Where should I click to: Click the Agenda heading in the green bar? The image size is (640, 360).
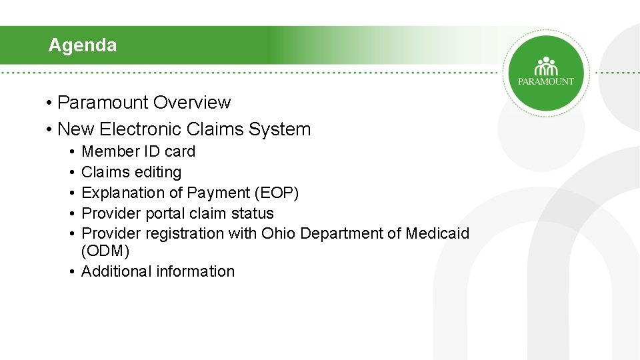82,45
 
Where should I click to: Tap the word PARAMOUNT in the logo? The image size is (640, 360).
546,81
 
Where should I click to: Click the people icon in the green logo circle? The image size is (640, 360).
546,67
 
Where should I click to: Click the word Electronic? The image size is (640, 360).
141,129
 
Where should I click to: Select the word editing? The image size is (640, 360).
157,172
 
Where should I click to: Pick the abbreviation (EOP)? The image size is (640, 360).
277,193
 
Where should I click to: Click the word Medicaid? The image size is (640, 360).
437,233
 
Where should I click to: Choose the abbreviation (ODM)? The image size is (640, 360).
105,251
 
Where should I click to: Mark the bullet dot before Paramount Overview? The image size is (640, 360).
50,103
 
